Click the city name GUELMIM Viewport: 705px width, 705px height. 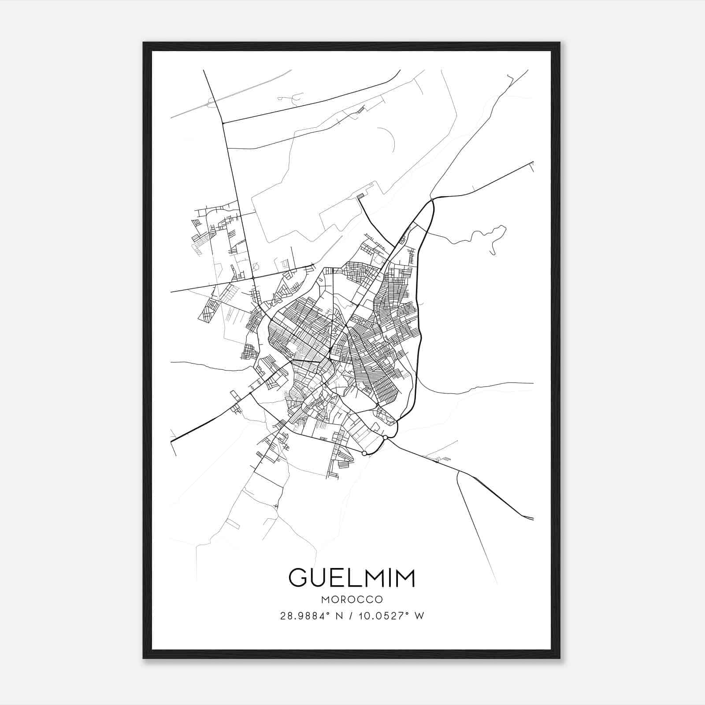coord(352,578)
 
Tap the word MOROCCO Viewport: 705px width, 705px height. coord(352,600)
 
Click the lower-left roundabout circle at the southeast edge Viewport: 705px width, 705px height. coord(364,453)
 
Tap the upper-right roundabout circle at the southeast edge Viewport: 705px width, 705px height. coord(385,437)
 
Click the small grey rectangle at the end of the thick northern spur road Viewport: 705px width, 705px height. coord(360,196)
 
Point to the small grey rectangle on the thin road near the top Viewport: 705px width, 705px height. coord(361,109)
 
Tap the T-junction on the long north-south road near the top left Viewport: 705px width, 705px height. coord(223,123)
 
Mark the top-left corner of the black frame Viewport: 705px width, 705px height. coord(144,43)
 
